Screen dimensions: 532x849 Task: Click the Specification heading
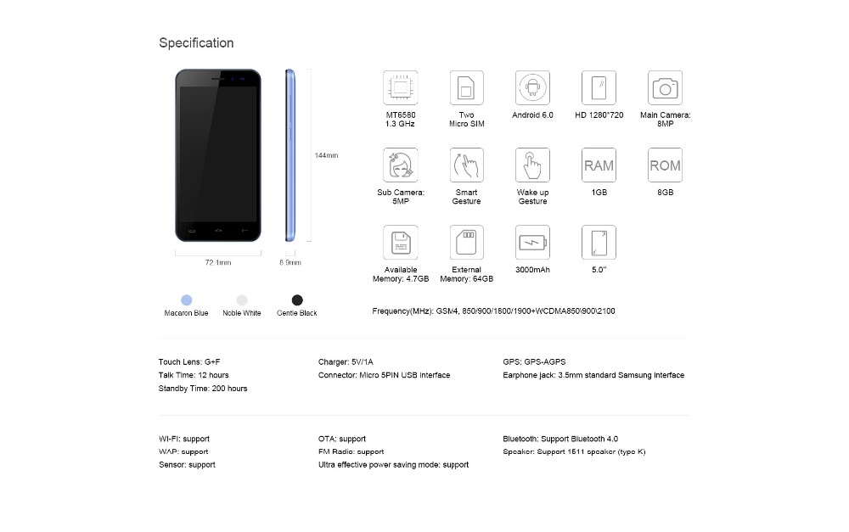(x=196, y=43)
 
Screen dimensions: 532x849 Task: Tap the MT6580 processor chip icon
(x=400, y=87)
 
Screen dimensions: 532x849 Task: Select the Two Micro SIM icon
(x=466, y=87)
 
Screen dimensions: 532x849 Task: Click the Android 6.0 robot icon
(x=532, y=87)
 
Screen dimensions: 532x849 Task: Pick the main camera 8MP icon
(x=665, y=87)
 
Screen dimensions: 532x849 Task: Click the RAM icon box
(x=599, y=165)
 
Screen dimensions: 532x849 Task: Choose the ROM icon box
(x=665, y=165)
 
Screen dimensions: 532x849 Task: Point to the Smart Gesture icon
(x=466, y=165)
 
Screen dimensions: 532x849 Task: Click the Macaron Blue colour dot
(x=186, y=300)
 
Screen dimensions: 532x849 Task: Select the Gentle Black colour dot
(x=297, y=300)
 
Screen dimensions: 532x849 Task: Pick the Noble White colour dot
(x=242, y=300)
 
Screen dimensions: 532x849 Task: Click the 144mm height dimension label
(x=326, y=155)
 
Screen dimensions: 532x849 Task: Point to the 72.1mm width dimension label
(x=217, y=263)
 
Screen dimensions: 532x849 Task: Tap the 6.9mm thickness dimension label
(x=290, y=263)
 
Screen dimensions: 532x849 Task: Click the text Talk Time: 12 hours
(x=194, y=375)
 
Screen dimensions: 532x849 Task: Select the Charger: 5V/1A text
(x=352, y=361)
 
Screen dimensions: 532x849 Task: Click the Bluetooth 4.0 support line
(x=560, y=439)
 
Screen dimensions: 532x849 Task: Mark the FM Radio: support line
(x=351, y=451)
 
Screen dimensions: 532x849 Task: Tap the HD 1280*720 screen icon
(x=599, y=87)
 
